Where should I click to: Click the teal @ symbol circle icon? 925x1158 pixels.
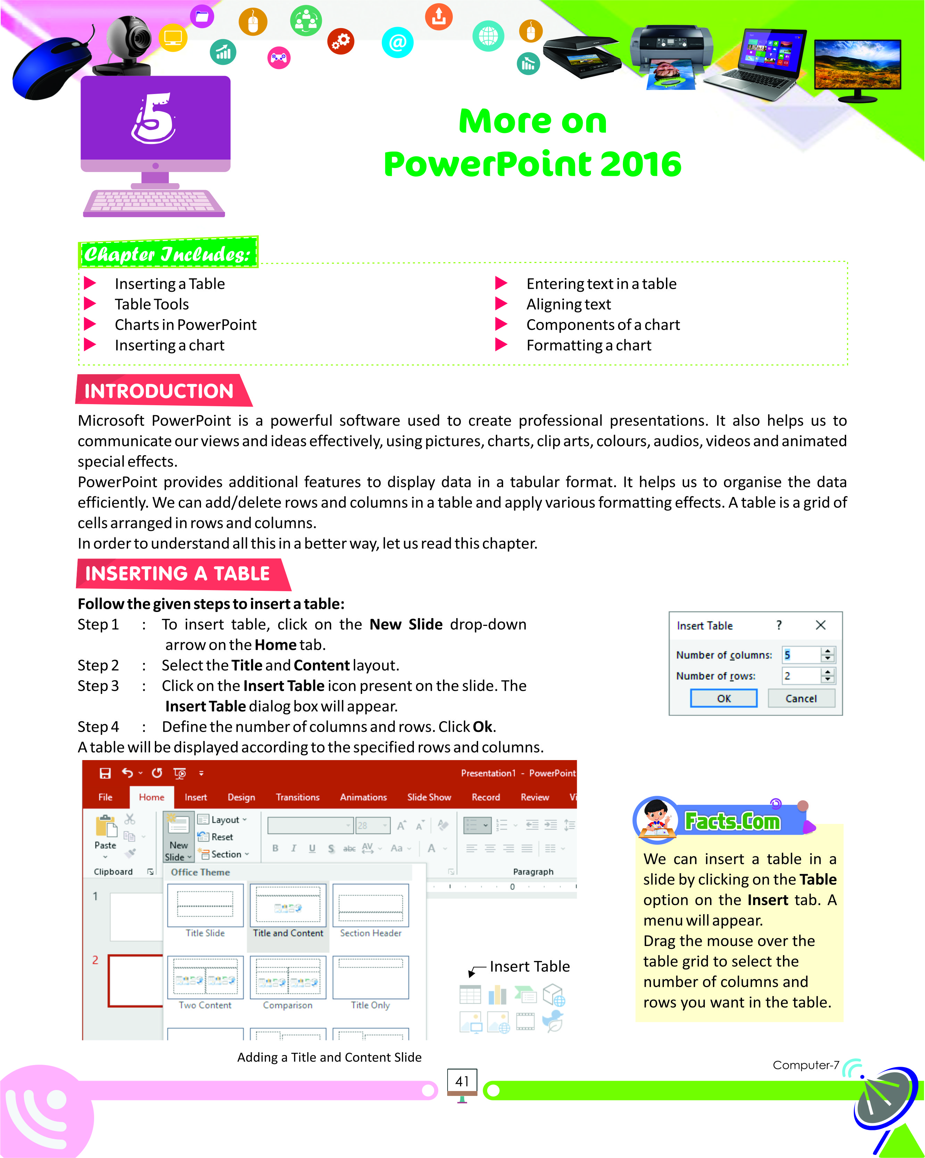click(x=398, y=42)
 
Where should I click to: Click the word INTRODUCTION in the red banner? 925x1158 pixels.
click(x=159, y=391)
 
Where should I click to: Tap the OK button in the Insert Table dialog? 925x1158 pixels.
click(x=724, y=698)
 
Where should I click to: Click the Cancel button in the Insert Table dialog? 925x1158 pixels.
click(x=801, y=698)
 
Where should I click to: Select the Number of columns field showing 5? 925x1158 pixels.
click(x=801, y=655)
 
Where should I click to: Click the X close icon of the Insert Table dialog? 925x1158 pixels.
click(x=820, y=625)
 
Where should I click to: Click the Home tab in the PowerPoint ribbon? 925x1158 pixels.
click(x=152, y=797)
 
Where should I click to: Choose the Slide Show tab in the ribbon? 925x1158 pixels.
click(x=429, y=797)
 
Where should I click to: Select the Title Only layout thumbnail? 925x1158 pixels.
click(x=370, y=979)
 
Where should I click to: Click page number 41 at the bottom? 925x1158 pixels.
click(x=462, y=1081)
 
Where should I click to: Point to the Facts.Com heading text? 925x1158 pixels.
click(x=732, y=821)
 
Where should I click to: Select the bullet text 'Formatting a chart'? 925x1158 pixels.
click(x=589, y=346)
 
